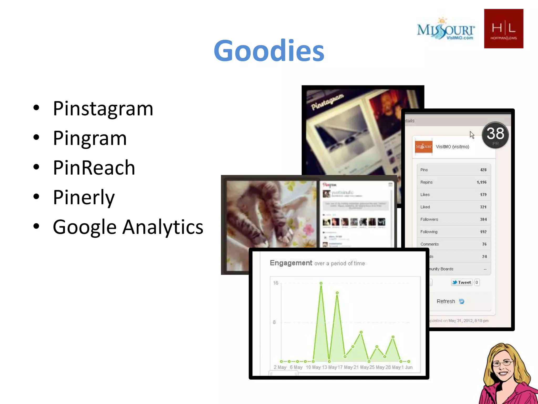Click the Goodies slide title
coord(269,50)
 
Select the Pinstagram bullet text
coord(103,109)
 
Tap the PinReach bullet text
coord(94,168)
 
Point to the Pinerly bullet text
coord(84,197)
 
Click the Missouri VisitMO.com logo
coord(446,30)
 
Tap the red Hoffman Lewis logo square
coord(503,28)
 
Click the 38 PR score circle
coord(495,135)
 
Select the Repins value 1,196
coord(481,182)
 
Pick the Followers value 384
coord(483,219)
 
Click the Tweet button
coord(462,282)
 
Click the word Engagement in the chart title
coord(291,263)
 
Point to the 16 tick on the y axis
coord(275,283)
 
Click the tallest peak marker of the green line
coord(321,283)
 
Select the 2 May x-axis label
coord(280,367)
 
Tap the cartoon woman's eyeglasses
coord(503,363)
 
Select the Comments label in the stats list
coord(430,244)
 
